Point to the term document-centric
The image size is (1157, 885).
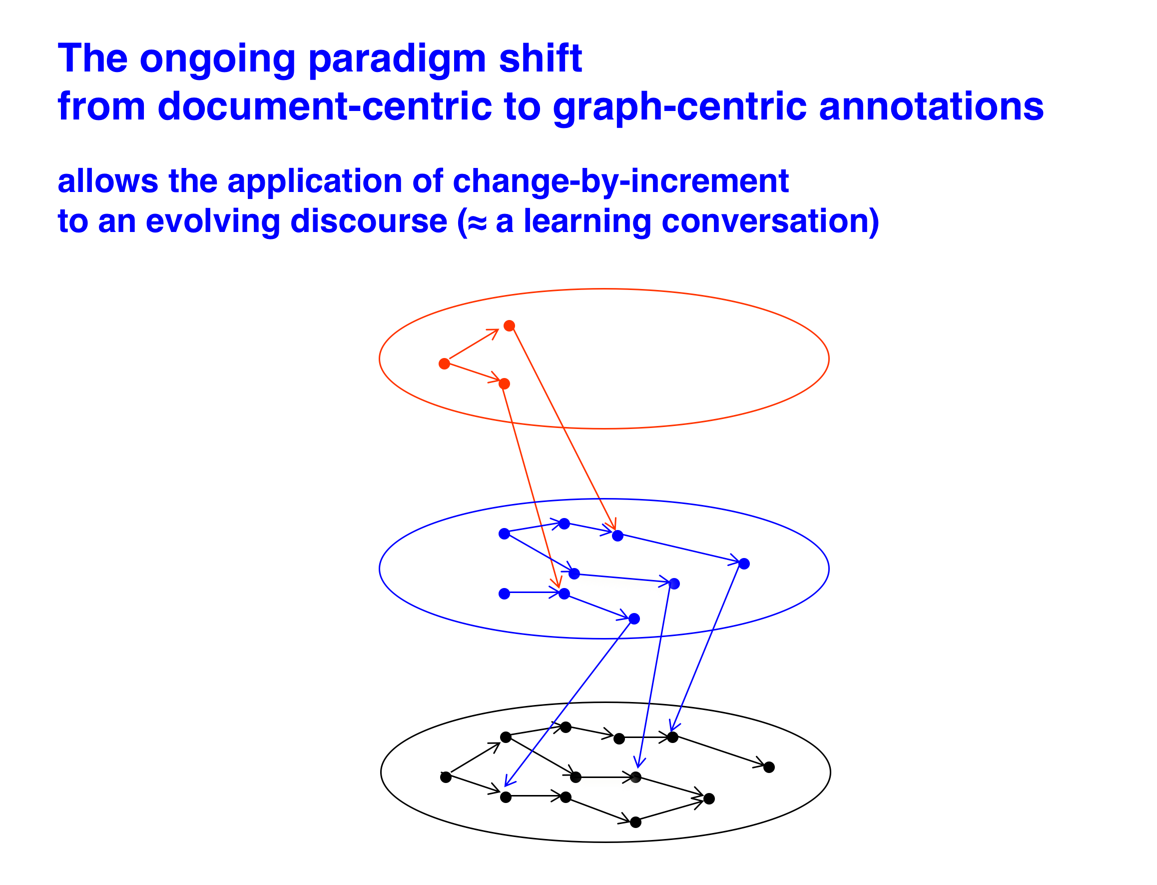coord(325,106)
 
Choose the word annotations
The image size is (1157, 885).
coord(931,106)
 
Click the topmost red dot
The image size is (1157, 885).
coord(509,325)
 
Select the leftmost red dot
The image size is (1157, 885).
coord(444,363)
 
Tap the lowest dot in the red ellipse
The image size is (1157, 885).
coord(504,383)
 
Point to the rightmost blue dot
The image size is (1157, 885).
coord(744,563)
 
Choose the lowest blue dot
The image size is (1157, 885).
coord(634,618)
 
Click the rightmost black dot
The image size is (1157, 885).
coord(769,767)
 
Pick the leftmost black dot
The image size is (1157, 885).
coord(446,777)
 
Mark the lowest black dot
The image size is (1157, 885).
coord(636,822)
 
